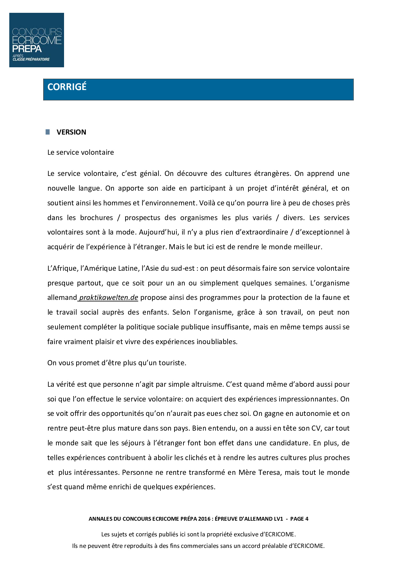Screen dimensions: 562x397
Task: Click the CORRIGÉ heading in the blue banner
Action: [x=67, y=87]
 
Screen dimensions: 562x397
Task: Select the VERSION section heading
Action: [x=71, y=132]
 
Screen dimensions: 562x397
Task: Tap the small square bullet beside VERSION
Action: [x=48, y=132]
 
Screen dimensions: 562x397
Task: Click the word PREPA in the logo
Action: [x=27, y=49]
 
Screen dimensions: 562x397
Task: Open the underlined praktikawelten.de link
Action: [x=109, y=297]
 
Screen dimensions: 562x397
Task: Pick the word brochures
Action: [x=96, y=218]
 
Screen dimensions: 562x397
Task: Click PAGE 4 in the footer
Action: [x=299, y=519]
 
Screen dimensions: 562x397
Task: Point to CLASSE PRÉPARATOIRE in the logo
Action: [x=31, y=59]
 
